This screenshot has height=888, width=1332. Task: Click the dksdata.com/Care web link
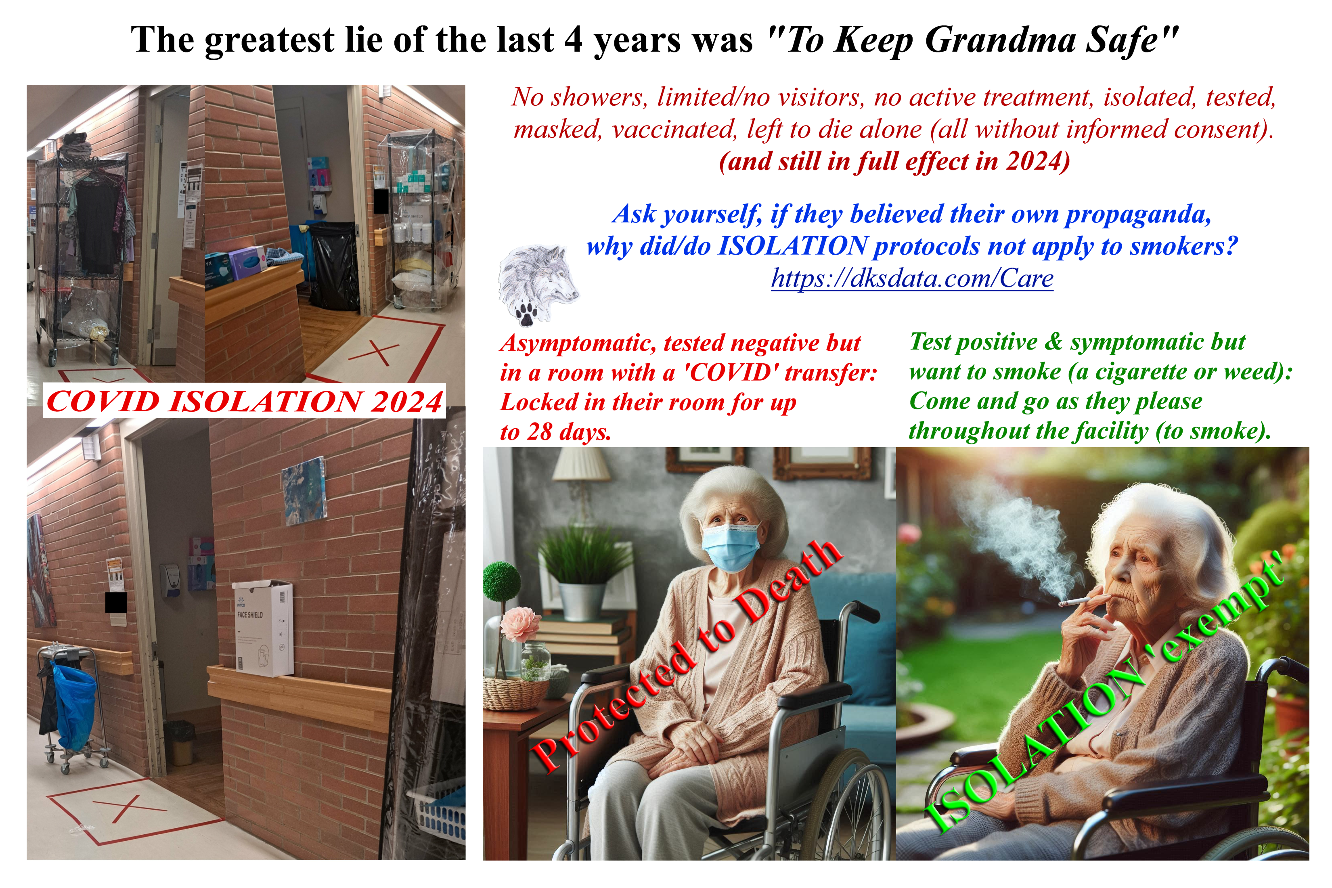click(912, 279)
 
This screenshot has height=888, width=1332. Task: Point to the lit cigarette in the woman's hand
click(1072, 601)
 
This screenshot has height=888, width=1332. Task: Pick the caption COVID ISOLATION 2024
click(244, 402)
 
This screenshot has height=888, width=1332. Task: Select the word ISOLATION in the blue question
click(792, 246)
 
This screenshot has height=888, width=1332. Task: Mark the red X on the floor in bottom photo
click(126, 808)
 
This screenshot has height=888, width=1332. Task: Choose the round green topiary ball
click(501, 580)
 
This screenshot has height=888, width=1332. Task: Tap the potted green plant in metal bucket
click(583, 572)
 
